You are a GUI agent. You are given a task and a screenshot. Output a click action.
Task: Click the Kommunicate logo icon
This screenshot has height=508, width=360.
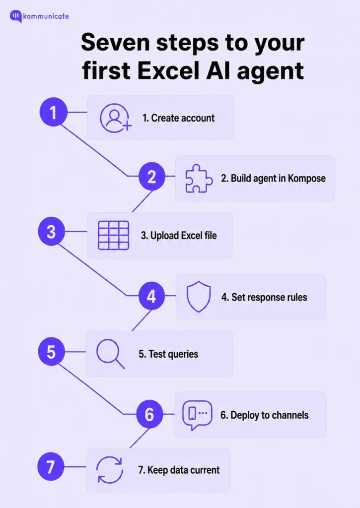(x=16, y=16)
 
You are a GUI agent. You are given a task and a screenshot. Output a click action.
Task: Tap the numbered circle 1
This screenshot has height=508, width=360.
(x=53, y=112)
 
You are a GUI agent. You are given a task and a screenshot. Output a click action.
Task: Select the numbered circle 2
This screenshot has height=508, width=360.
(x=152, y=177)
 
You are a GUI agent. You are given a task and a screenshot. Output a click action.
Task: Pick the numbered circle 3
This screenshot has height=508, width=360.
(x=51, y=231)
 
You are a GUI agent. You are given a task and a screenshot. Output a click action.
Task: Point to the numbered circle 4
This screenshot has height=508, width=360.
(x=151, y=296)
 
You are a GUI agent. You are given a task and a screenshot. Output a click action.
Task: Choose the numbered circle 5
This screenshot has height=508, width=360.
(x=51, y=352)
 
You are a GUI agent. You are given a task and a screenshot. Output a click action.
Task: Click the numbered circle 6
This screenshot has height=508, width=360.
(x=149, y=414)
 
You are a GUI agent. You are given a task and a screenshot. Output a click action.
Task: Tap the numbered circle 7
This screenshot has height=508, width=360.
(x=51, y=467)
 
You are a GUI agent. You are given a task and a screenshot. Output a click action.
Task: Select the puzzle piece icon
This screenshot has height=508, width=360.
(x=199, y=179)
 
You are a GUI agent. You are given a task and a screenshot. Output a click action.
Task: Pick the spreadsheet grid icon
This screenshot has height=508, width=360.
(x=114, y=236)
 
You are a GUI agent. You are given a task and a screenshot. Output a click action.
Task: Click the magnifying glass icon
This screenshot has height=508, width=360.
(x=110, y=354)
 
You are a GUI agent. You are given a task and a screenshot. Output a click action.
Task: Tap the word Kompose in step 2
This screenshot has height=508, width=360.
(x=306, y=179)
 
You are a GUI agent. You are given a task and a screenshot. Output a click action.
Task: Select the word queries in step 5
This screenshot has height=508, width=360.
(x=183, y=354)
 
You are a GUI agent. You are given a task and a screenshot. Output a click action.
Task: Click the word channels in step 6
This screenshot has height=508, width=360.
(x=290, y=415)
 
